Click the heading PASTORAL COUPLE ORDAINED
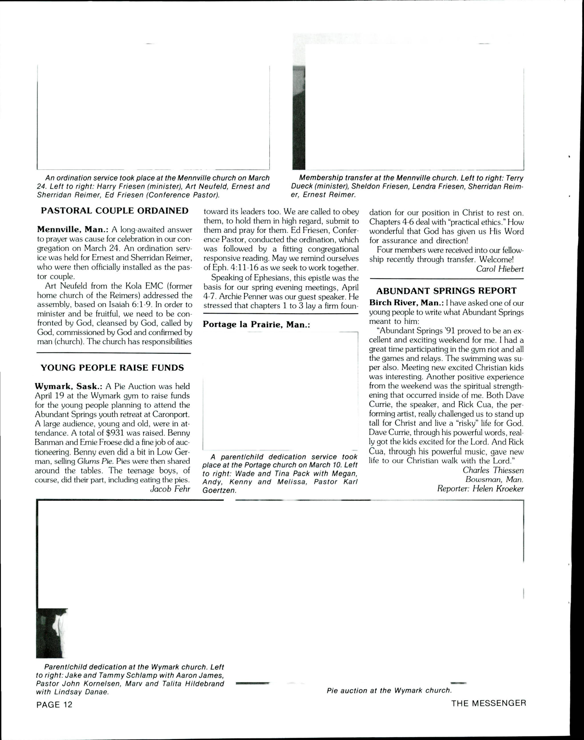coord(114,211)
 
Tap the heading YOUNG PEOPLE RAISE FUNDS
coord(112,368)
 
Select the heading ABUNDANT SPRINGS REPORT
coord(446,291)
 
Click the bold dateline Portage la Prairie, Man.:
coord(256,324)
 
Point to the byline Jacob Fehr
coord(170,489)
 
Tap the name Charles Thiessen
coord(493,471)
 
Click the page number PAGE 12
coord(54,704)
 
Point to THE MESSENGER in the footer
coord(488,703)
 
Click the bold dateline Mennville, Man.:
coord(72,229)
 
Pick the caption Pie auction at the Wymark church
coord(389,690)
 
